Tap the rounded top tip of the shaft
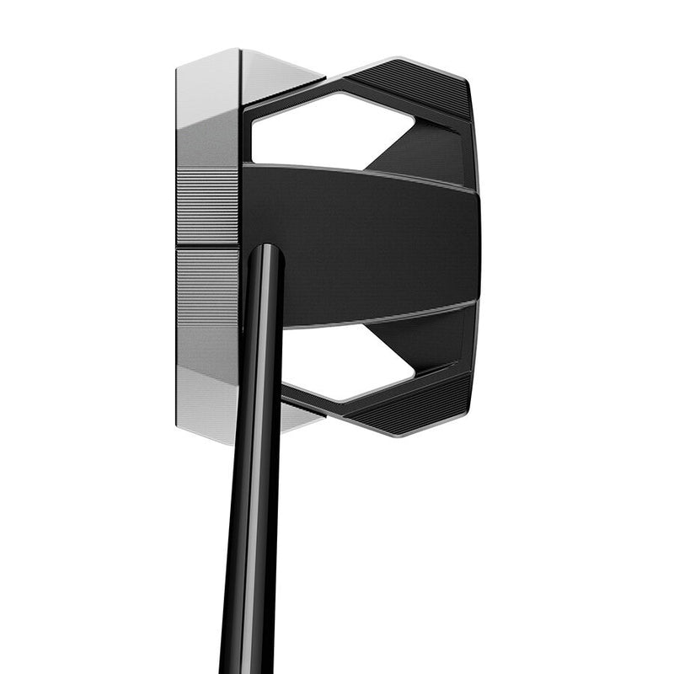coord(265,250)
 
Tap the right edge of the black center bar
coord(479,244)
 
